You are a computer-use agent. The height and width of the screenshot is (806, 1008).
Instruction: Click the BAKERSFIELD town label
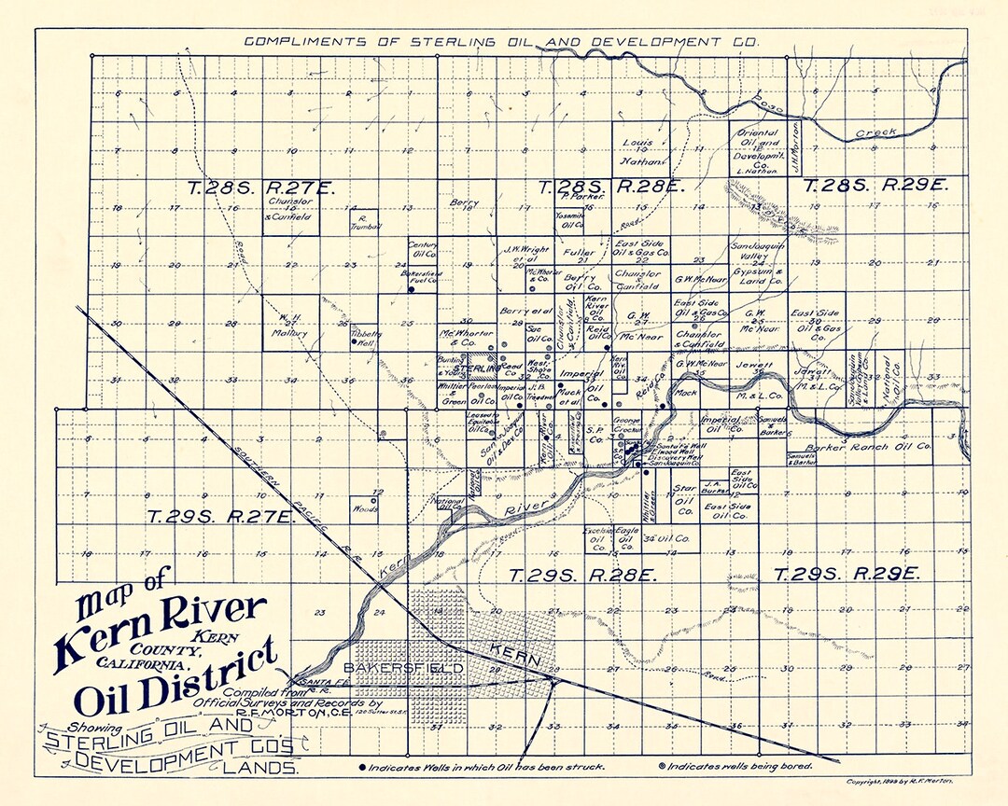click(403, 669)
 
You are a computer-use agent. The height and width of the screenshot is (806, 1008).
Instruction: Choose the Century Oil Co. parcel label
click(424, 249)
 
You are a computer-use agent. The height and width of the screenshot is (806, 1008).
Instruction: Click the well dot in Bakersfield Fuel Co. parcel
click(410, 290)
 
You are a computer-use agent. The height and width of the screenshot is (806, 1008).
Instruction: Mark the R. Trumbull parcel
click(364, 222)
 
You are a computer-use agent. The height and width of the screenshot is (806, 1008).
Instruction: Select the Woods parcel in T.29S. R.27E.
click(364, 507)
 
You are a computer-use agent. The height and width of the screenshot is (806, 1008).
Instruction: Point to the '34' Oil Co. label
click(667, 538)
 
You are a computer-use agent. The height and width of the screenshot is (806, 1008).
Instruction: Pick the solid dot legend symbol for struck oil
click(362, 766)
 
